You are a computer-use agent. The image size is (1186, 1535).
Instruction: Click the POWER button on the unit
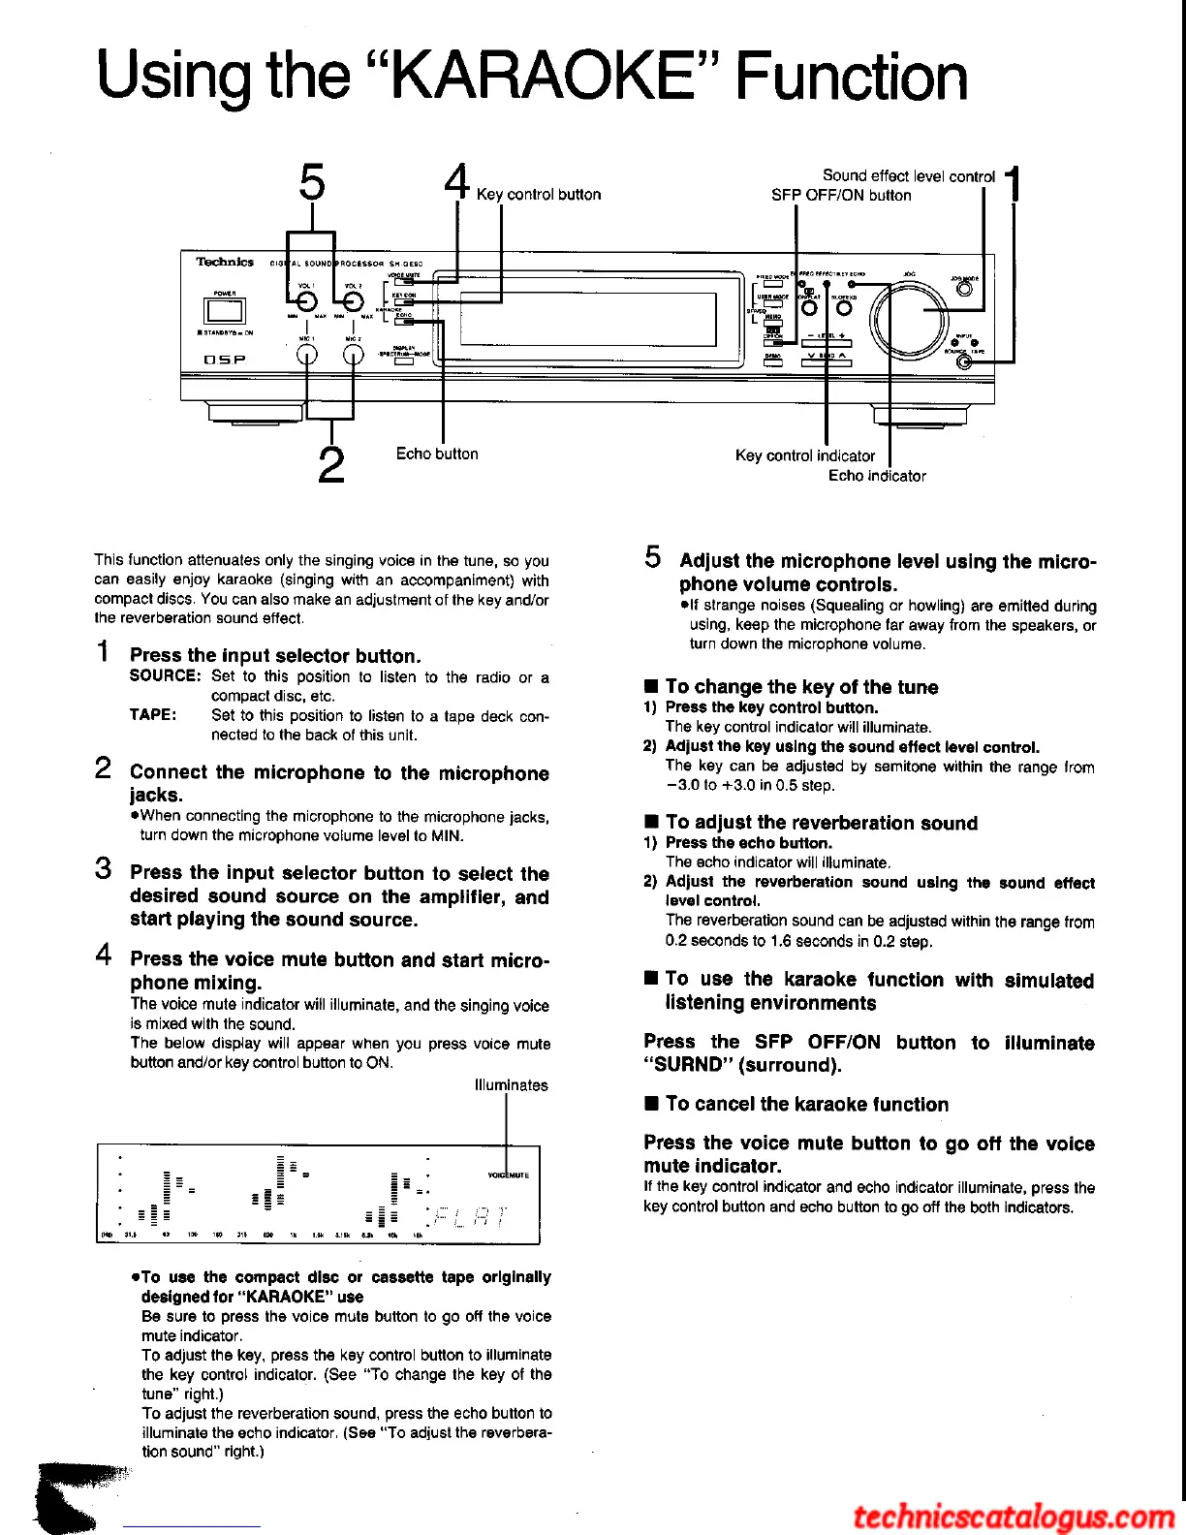224,311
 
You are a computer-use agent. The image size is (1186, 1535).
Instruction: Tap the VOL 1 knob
306,302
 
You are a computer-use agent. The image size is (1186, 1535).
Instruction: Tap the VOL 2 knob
353,302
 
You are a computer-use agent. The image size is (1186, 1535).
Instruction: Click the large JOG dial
909,320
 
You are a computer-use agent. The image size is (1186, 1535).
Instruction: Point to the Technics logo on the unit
225,262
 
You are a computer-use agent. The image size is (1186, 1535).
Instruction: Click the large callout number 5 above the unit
312,182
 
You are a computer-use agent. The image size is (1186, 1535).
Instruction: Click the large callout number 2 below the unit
331,464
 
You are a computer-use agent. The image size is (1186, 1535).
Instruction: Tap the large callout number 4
456,182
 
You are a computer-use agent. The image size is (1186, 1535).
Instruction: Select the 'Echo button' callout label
437,454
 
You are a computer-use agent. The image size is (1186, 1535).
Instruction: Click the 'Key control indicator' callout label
804,455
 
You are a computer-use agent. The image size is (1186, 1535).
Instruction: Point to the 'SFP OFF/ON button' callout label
841,195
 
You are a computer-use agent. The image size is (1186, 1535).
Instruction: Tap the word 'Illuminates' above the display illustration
511,1085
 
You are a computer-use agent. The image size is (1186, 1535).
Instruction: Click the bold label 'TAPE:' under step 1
153,715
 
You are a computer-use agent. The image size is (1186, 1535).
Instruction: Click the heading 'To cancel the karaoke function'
806,1104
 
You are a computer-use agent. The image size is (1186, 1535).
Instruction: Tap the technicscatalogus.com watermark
1014,1516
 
